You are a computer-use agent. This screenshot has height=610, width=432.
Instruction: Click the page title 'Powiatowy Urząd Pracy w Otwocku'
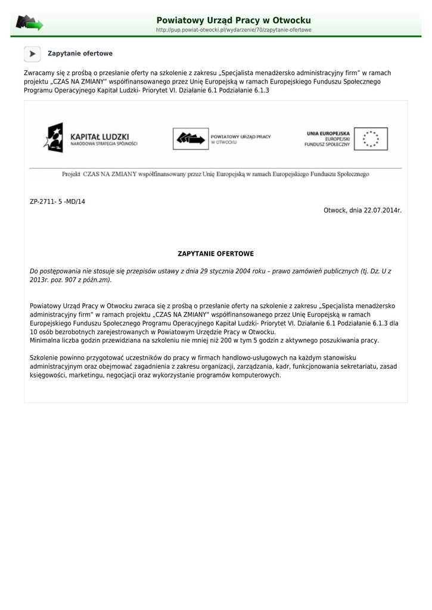[x=234, y=20]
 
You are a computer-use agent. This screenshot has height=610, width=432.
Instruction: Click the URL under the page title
[x=234, y=30]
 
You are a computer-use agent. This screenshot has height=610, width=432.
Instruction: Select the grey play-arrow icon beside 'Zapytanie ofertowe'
[x=32, y=54]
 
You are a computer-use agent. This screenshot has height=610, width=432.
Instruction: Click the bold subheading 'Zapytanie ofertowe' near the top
[x=80, y=54]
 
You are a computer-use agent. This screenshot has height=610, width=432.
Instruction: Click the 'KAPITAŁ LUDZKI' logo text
[x=100, y=136]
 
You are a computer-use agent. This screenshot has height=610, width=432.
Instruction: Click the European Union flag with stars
[x=371, y=139]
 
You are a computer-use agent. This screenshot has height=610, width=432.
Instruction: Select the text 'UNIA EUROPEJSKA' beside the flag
[x=328, y=133]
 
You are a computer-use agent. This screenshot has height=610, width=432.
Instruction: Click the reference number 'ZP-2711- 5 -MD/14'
[x=57, y=202]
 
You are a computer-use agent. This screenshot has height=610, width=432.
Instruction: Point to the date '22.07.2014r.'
[x=382, y=210]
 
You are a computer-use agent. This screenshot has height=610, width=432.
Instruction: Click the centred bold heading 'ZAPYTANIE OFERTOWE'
[x=216, y=254]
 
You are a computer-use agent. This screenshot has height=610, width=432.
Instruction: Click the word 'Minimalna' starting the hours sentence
[x=45, y=340]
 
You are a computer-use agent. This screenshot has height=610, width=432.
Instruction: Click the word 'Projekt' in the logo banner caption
[x=72, y=174]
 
